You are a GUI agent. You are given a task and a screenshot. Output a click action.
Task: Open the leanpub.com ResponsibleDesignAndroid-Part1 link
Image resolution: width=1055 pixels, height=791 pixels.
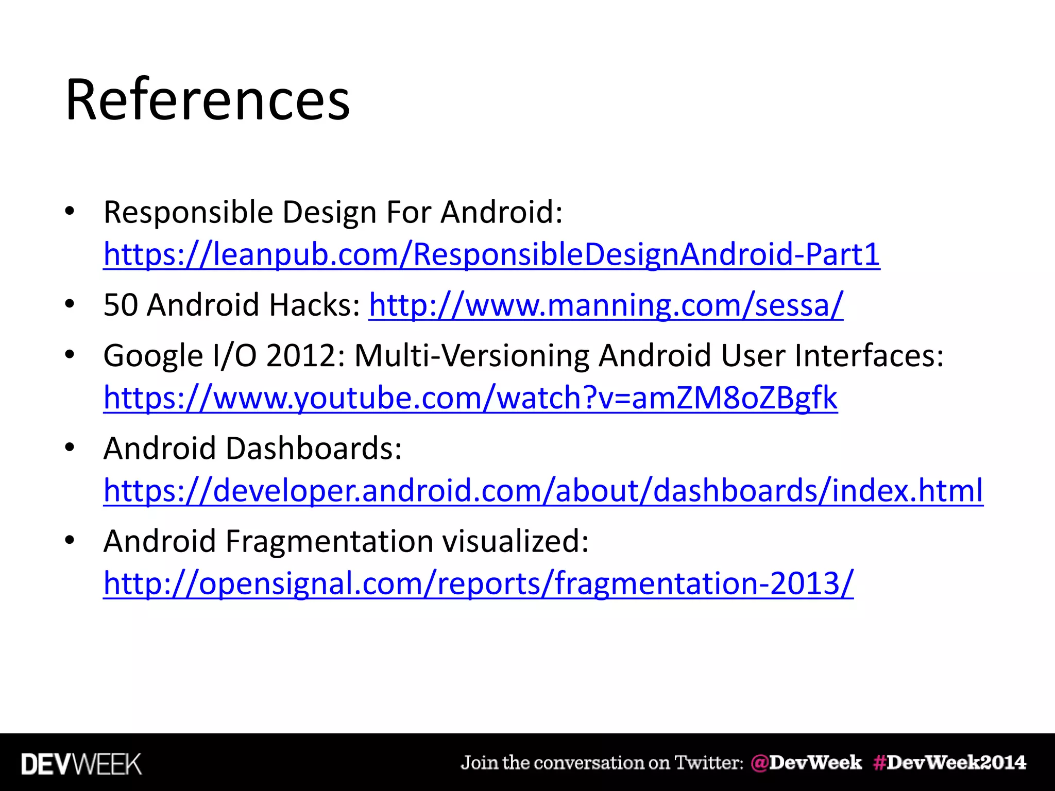click(x=491, y=254)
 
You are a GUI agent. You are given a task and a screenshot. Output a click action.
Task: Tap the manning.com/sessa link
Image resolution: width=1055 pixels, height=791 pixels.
click(x=606, y=305)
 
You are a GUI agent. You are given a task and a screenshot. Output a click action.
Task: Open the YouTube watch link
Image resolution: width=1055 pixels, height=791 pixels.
click(x=470, y=398)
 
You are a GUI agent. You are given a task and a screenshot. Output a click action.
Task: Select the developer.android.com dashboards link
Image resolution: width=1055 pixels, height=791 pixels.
click(x=543, y=490)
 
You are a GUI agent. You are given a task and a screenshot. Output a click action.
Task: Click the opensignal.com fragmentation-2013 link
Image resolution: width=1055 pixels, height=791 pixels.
click(x=478, y=583)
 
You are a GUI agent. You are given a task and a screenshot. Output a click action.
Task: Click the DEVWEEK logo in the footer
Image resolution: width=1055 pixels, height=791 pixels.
click(x=81, y=764)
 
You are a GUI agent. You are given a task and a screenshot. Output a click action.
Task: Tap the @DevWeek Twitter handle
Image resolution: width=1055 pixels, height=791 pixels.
click(x=806, y=763)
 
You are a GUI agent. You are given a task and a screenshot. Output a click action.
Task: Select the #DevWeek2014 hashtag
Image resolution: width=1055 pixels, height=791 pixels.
click(x=950, y=763)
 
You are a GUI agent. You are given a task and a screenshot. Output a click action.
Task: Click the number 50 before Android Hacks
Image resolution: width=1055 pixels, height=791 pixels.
click(x=121, y=305)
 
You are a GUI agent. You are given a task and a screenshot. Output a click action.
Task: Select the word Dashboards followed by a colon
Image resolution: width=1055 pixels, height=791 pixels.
click(x=314, y=449)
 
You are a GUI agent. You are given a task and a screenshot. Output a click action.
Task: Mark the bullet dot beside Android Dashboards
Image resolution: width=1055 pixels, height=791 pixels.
click(x=70, y=447)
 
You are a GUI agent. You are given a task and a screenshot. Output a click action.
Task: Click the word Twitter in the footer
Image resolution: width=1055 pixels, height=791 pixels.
click(x=709, y=763)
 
